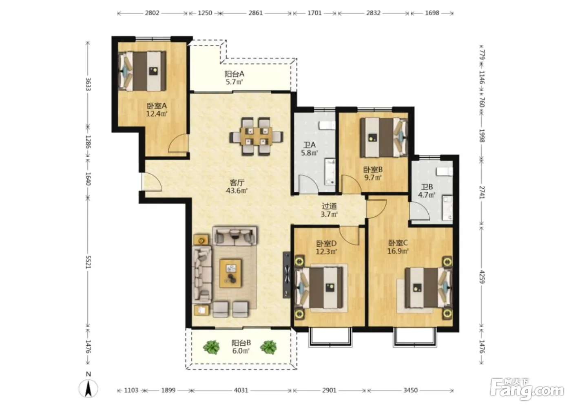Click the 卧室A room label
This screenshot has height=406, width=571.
(x=157, y=106)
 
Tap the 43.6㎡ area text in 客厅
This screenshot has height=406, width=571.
(x=237, y=190)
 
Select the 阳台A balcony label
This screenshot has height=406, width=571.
(x=234, y=74)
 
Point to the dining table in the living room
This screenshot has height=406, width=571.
(x=256, y=136)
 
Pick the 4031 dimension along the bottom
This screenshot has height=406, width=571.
(x=241, y=390)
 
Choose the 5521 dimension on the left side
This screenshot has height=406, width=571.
(x=88, y=262)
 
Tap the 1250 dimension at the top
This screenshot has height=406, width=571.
(x=205, y=13)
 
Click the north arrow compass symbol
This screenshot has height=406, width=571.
(x=88, y=388)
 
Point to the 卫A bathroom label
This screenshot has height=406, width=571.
(x=310, y=145)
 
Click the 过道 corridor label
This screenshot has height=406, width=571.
(x=329, y=206)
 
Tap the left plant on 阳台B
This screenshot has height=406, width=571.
(x=211, y=347)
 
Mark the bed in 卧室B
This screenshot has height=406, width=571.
(x=384, y=137)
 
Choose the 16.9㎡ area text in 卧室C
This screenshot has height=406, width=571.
(x=398, y=251)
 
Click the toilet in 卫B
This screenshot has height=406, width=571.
(x=444, y=172)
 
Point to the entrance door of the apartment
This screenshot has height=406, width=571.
(x=151, y=182)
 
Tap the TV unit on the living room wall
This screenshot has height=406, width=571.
(x=286, y=275)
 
